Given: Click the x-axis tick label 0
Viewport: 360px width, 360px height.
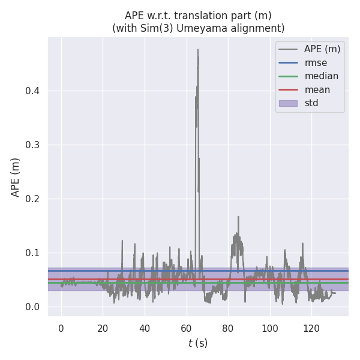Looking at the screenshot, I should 61,328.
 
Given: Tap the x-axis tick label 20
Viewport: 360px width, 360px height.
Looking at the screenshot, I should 103,328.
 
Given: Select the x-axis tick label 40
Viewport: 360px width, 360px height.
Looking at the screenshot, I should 145,328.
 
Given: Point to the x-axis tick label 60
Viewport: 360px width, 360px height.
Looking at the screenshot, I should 187,328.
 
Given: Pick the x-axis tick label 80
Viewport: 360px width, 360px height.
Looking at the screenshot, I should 228,328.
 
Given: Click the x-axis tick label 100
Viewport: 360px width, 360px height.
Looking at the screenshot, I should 270,328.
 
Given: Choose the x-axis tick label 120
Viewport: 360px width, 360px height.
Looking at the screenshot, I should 312,328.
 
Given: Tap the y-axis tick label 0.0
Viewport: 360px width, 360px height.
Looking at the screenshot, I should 33,307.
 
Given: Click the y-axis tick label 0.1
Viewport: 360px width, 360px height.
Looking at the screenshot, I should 33,253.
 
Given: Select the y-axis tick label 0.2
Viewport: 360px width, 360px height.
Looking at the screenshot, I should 33,199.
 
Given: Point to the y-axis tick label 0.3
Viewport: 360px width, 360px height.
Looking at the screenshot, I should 33,145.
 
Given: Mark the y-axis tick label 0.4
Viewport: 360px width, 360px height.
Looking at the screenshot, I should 33,91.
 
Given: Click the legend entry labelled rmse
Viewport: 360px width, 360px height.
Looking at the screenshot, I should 316,62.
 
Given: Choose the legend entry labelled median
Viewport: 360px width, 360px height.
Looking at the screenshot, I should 321,76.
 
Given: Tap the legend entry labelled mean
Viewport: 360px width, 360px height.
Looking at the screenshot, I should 317,89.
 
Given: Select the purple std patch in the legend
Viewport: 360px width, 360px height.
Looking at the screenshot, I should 288,103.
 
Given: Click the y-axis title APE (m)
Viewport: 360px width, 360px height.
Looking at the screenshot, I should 16,177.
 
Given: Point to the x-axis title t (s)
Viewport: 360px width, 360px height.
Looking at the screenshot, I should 198,343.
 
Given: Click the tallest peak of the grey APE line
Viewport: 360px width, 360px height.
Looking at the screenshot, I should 198,50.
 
